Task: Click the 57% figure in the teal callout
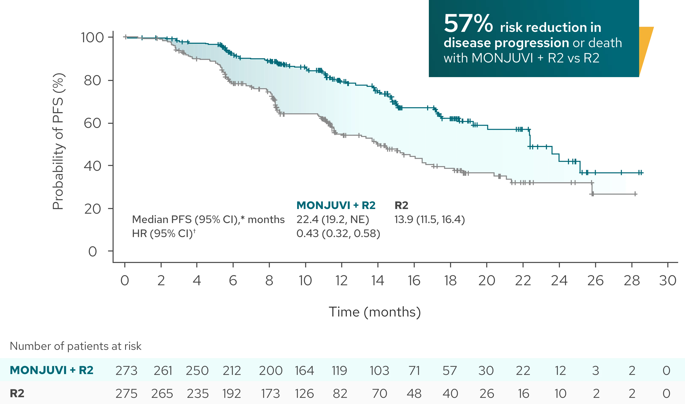[x=468, y=24]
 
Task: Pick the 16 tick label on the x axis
[x=414, y=280]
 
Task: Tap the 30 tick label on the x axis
[x=668, y=280]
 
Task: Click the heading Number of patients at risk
[x=76, y=346]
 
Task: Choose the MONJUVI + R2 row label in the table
[x=52, y=370]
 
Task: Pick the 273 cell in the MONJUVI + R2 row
[x=126, y=370]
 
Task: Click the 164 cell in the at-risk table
[x=304, y=370]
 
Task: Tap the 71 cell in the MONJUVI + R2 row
[x=414, y=370]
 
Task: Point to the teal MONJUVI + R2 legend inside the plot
[x=336, y=205]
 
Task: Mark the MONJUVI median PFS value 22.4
[x=307, y=220]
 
